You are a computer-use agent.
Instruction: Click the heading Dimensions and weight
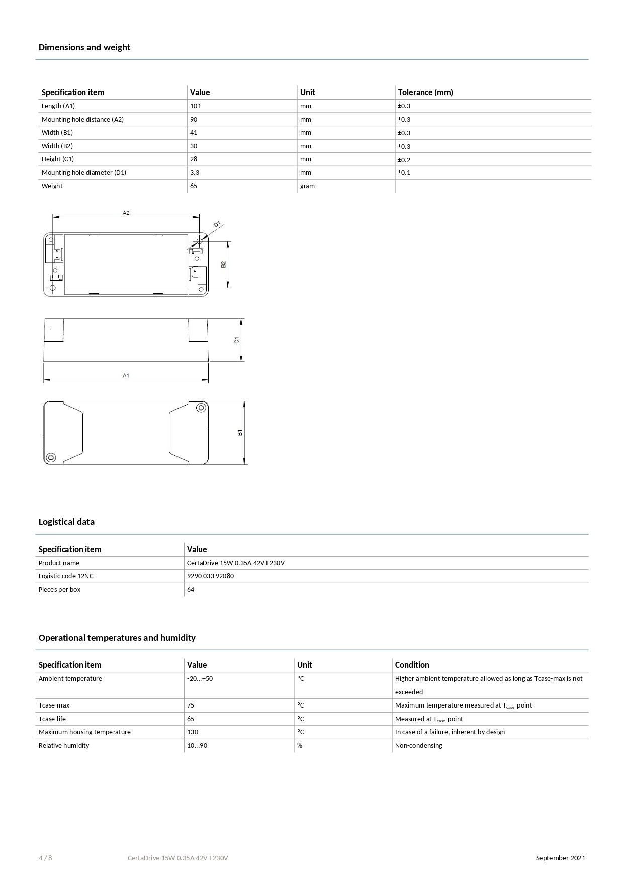click(84, 47)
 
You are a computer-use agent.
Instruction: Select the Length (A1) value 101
click(196, 106)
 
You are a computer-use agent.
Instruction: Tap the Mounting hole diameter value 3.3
click(195, 173)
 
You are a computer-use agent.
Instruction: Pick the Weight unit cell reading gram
click(307, 186)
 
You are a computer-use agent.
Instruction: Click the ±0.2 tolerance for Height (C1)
click(404, 160)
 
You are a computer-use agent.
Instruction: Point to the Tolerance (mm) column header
click(425, 92)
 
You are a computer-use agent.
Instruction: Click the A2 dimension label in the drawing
click(126, 213)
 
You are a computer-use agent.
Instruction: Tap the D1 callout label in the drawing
click(217, 224)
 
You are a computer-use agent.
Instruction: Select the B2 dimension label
click(224, 264)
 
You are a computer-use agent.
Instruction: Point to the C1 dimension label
click(237, 340)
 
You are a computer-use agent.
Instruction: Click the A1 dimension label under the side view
click(126, 376)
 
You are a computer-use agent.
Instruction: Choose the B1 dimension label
click(240, 432)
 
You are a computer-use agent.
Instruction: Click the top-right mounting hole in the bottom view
click(201, 408)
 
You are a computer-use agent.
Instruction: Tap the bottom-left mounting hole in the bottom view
click(50, 458)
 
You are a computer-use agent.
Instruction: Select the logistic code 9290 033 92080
click(210, 576)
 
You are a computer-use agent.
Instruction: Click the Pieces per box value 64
click(191, 590)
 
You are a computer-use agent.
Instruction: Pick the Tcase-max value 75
click(191, 705)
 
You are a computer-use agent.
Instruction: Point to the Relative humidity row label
click(64, 746)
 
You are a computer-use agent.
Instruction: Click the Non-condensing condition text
click(418, 746)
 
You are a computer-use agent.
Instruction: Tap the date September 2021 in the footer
click(560, 858)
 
